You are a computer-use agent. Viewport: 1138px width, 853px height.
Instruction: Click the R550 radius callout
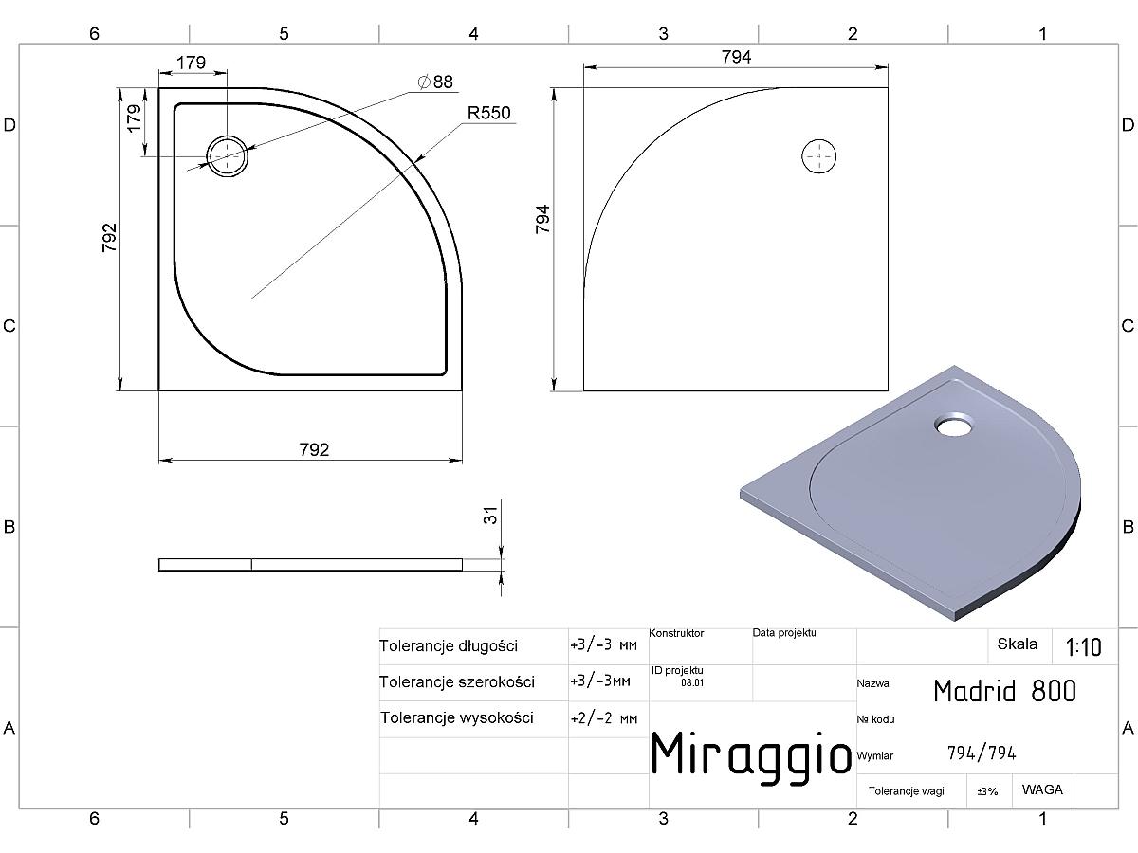[488, 113]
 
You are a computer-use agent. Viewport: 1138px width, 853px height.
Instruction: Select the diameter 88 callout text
[435, 82]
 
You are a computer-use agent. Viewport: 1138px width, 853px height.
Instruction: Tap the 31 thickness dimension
[490, 516]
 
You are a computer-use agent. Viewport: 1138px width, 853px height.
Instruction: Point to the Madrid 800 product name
[1004, 691]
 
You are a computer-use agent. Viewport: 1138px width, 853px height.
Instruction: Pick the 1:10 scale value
[1083, 647]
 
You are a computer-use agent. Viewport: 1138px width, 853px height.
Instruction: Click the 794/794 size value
[982, 753]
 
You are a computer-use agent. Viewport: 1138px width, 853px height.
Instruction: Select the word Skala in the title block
[1018, 644]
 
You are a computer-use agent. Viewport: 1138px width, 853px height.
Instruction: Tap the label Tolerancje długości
[449, 645]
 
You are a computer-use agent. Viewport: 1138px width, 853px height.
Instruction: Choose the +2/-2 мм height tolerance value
[603, 718]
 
